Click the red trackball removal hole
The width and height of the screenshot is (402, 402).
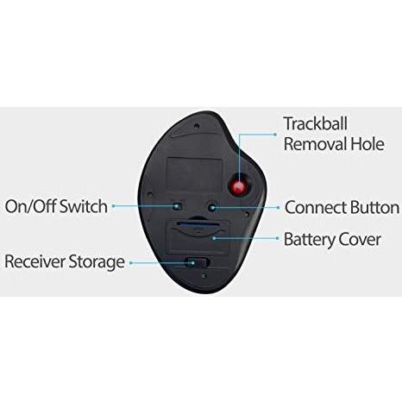click(238, 187)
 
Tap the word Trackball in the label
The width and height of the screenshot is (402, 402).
click(316, 123)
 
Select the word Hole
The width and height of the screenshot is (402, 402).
click(367, 144)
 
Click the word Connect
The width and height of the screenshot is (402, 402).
click(316, 207)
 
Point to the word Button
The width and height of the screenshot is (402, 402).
click(374, 207)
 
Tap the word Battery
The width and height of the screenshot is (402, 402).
click(309, 240)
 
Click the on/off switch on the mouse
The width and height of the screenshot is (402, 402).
click(179, 206)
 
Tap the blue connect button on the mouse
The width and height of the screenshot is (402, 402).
click(212, 207)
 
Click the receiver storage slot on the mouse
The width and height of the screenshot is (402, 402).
click(198, 262)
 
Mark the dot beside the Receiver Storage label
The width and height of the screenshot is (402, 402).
click(131, 262)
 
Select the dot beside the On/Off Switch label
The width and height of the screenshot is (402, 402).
click(114, 206)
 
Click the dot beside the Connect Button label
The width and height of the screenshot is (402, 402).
click(278, 207)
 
